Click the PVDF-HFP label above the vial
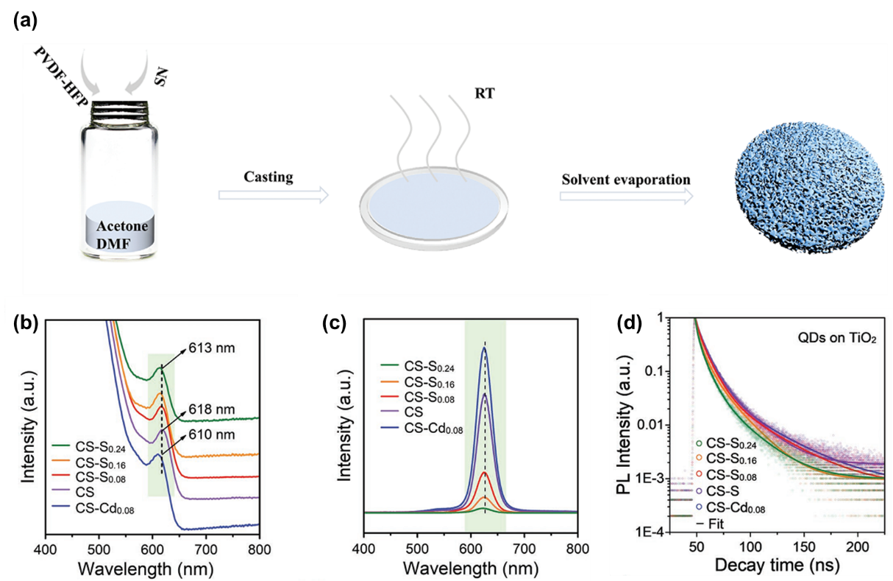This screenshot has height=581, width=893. coord(61,77)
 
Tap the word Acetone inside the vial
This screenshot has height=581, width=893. coord(122,226)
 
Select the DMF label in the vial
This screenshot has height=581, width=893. coord(113,244)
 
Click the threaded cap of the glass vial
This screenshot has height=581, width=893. coord(120,113)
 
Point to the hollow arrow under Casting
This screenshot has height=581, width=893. coord(274,195)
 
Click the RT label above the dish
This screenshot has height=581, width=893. coord(484,94)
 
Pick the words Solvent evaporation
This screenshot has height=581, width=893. coord(626,180)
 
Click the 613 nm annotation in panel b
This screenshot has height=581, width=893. coord(212,348)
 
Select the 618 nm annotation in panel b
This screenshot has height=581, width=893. coord(212,409)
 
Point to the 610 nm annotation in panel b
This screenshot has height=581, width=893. coord(212,434)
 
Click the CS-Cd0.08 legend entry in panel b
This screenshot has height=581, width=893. coord(93,509)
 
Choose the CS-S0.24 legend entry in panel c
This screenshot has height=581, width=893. coord(417,367)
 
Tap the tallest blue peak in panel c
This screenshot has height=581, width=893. coord(485,348)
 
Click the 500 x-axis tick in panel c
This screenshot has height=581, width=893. coord(417,549)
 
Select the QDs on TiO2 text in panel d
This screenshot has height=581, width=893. coord(836,339)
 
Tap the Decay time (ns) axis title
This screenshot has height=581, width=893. coord(777,565)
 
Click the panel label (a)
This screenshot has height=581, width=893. coord(26,21)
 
